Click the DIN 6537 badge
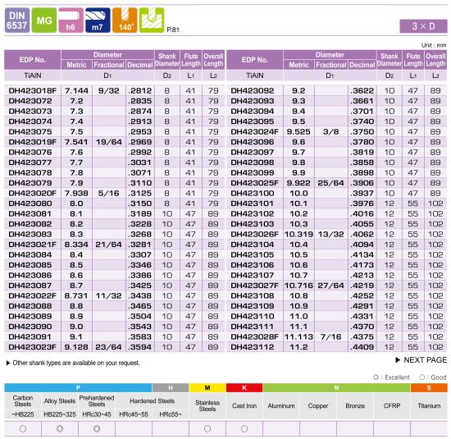tap(17, 21)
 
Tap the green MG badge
tap(44, 21)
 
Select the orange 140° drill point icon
tap(125, 21)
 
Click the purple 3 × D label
tap(423, 26)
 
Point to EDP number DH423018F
tap(33, 91)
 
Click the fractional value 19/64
tap(109, 142)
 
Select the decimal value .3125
tap(139, 193)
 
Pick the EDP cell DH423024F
tap(254, 132)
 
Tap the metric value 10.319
tap(298, 235)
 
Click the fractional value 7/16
tap(330, 336)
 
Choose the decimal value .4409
tap(362, 347)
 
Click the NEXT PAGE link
tap(421, 360)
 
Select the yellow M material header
tap(207, 388)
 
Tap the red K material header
tap(244, 388)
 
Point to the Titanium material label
tap(429, 406)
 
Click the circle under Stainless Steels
tap(207, 429)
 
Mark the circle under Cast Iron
tap(244, 429)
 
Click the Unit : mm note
tap(434, 45)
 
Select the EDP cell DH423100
tap(252, 193)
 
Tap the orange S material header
tap(429, 388)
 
